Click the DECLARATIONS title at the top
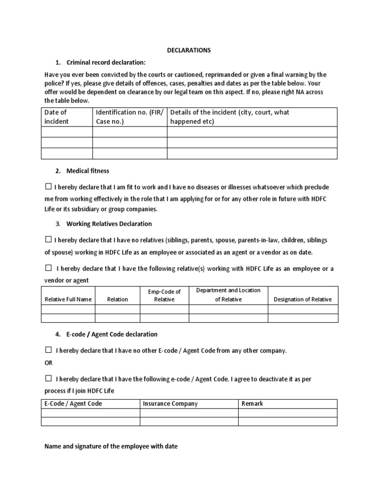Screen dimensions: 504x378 tap(189, 50)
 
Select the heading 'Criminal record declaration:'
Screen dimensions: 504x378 tap(106, 63)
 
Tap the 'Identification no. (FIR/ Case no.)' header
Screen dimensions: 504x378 tap(129, 117)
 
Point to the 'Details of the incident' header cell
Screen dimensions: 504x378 tap(229, 117)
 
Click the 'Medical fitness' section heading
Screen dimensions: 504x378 tap(88, 171)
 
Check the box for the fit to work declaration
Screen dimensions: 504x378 tap(48, 187)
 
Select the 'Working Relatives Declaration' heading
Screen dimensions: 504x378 tap(109, 223)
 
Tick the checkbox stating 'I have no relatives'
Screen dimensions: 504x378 tap(48, 240)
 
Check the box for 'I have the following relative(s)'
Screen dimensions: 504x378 tap(48, 268)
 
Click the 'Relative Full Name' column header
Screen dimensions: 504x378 tap(68, 299)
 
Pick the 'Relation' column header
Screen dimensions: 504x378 tap(117, 299)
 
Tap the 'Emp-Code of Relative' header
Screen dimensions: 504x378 tap(164, 295)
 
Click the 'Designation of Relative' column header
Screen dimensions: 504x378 tap(303, 299)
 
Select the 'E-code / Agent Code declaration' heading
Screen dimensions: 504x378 tap(112, 334)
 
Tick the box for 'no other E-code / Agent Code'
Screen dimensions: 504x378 tap(48, 350)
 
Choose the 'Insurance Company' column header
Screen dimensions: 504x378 tap(170, 404)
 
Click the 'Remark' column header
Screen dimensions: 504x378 tap(252, 404)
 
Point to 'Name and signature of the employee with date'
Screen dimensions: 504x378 tap(111, 446)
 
